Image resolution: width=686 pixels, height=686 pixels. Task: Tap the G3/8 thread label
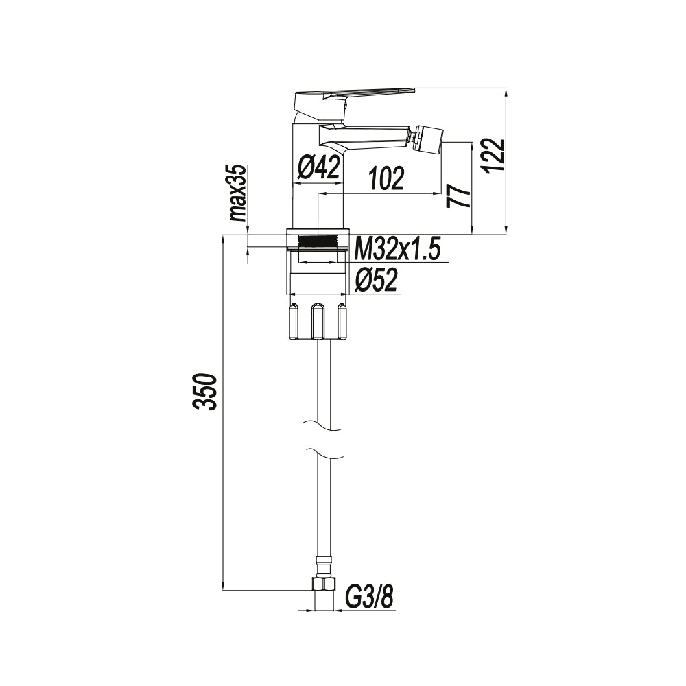point(369,596)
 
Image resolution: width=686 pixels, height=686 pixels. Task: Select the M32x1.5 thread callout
point(398,249)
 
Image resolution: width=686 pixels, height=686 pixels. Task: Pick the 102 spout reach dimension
point(386,180)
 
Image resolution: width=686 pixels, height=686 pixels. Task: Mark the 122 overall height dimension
point(495,155)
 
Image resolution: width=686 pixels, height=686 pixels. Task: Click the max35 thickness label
point(238,193)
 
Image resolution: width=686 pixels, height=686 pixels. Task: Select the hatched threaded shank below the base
point(320,241)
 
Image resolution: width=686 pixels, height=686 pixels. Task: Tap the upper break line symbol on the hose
point(321,425)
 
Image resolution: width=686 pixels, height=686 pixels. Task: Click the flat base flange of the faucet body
point(320,230)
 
